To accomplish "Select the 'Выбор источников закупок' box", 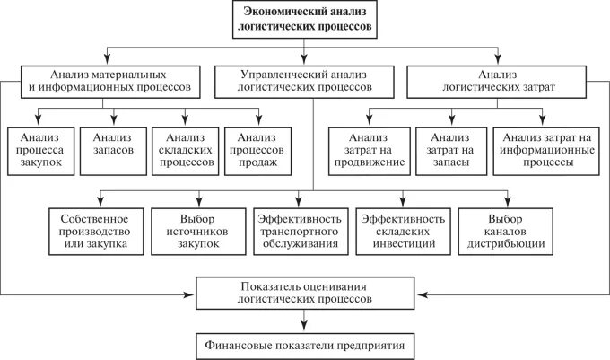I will pyautogui.click(x=198, y=232).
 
